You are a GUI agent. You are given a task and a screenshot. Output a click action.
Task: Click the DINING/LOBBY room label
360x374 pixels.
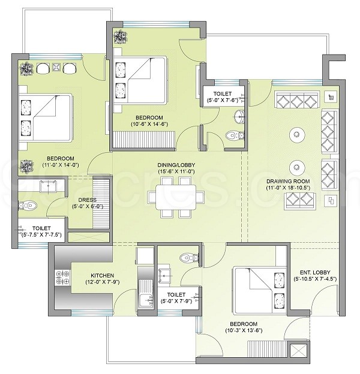(176, 165)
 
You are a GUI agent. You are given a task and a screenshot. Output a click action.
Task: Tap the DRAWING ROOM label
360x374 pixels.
(288, 181)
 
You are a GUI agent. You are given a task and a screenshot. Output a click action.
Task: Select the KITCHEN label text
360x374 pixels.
(103, 276)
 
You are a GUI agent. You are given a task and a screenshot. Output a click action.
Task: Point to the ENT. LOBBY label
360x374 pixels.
(315, 272)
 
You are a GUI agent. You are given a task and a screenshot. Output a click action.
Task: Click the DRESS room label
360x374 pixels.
(88, 200)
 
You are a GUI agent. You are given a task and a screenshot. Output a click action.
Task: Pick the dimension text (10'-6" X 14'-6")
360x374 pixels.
(149, 124)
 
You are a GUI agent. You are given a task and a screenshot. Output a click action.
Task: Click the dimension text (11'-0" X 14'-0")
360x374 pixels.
(61, 165)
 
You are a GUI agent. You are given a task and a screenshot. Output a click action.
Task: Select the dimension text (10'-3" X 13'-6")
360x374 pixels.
(244, 331)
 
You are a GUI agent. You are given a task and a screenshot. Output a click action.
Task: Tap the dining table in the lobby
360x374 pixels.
(176, 197)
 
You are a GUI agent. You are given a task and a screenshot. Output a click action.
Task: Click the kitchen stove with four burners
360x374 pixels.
(62, 278)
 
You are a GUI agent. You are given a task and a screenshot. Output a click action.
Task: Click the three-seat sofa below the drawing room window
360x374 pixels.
(298, 99)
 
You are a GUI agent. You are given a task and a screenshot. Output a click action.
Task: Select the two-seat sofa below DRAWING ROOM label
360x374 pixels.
(300, 200)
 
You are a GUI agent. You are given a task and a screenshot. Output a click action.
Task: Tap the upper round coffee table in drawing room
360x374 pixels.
(297, 135)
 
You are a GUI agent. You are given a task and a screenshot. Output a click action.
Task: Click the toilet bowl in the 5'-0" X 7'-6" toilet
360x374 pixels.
(234, 135)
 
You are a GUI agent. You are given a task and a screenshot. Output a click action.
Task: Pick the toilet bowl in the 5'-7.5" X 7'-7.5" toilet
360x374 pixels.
(28, 205)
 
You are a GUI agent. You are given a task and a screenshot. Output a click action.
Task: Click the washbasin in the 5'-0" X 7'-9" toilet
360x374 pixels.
(164, 276)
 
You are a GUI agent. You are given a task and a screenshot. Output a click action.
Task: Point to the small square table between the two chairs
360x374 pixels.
(56, 68)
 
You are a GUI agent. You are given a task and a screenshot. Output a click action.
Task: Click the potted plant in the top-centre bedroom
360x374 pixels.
(120, 37)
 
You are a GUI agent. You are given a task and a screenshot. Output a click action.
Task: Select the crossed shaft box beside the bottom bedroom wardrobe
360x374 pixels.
(298, 350)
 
